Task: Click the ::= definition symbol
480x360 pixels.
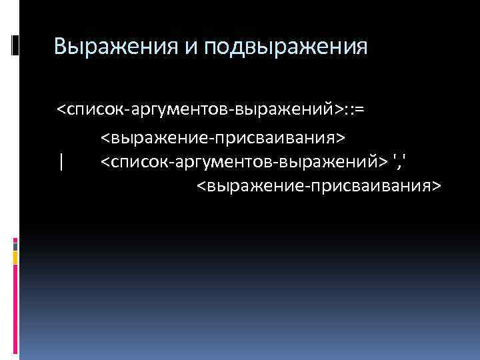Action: coord(354,107)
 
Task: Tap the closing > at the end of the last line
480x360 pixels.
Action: coord(436,184)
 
